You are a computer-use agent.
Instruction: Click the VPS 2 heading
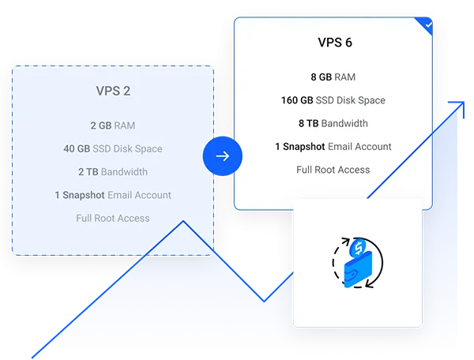pos(113,91)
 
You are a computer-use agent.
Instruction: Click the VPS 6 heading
pos(333,43)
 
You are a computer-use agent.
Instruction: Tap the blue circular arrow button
pos(222,156)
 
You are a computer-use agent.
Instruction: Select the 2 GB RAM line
pos(113,126)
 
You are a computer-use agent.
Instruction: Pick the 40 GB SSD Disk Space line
pos(113,148)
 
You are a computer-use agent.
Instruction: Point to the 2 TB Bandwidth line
pos(113,171)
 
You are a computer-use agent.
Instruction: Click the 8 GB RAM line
pos(333,77)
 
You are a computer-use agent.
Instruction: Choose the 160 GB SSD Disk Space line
pos(333,100)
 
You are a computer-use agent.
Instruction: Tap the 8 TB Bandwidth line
pos(333,123)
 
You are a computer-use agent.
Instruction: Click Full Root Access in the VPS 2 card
pos(113,218)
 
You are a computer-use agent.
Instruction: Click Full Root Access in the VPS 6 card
pos(333,170)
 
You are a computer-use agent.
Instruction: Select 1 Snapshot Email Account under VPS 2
pos(113,194)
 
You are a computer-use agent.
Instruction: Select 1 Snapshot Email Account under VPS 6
pos(333,146)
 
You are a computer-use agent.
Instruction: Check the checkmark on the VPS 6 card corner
pos(427,25)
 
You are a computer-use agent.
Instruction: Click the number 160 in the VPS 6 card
pos(289,100)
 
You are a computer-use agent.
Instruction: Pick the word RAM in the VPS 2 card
pos(125,126)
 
